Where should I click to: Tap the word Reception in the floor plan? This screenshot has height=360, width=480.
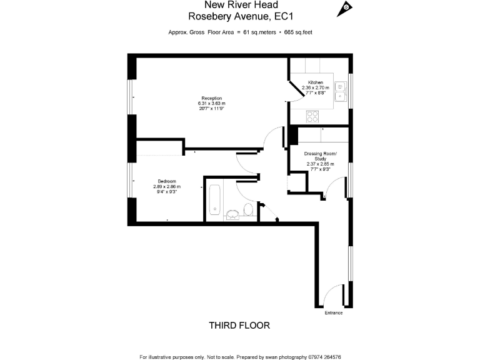(211, 98)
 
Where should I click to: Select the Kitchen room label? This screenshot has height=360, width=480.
(315, 83)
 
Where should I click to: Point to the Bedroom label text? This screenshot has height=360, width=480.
(166, 181)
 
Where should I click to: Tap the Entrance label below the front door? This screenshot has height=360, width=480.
(333, 312)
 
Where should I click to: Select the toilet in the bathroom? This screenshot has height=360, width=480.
(248, 209)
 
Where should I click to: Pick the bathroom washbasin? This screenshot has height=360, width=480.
(232, 215)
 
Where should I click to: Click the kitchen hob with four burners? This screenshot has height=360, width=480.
(312, 116)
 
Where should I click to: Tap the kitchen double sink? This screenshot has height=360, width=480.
(341, 91)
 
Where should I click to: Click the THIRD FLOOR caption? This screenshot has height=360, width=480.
(239, 326)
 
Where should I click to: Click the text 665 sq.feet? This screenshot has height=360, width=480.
(295, 32)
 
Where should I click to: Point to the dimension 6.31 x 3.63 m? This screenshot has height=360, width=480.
(211, 103)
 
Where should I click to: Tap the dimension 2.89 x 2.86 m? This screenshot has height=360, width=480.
(166, 186)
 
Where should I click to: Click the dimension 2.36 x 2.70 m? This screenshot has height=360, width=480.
(315, 88)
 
